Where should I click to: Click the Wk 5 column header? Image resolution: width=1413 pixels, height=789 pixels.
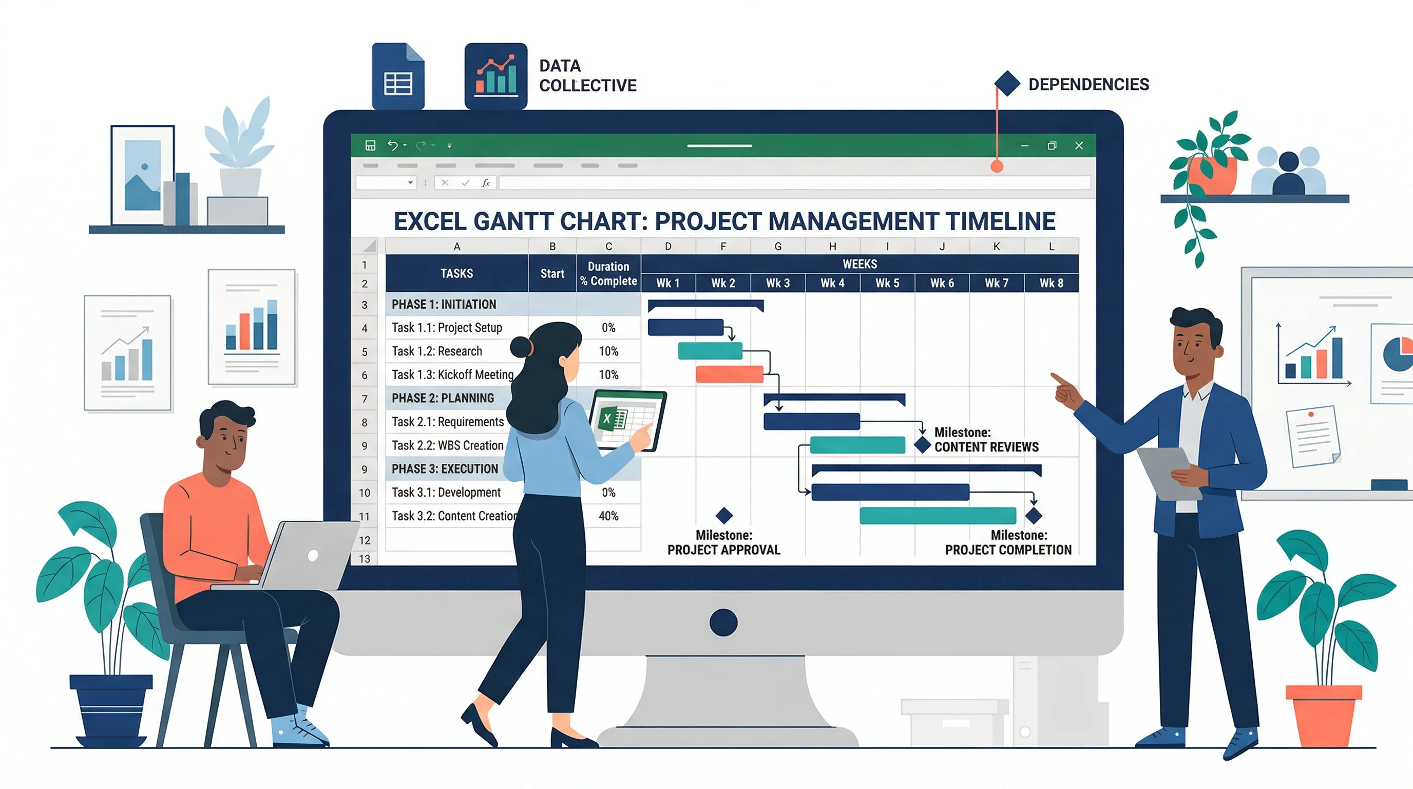(x=887, y=283)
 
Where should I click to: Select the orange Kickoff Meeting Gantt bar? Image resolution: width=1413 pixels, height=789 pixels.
(x=729, y=374)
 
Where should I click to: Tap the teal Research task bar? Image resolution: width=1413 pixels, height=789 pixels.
(x=710, y=351)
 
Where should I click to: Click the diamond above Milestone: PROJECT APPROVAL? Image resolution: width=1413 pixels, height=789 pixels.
(x=724, y=515)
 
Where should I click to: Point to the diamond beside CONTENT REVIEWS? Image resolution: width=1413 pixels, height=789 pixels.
(x=923, y=444)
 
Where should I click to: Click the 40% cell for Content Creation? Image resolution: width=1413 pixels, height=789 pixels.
(x=608, y=516)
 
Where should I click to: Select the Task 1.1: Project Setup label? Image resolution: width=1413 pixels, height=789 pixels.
(x=447, y=328)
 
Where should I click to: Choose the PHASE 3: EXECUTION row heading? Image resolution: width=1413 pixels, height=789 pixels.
(x=444, y=468)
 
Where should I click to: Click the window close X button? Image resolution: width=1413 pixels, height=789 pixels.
(x=1078, y=145)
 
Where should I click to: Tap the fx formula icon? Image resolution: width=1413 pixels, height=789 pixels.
(x=485, y=183)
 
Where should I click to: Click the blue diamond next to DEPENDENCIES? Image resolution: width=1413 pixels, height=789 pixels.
(x=1007, y=83)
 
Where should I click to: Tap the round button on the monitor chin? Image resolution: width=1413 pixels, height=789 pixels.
(x=723, y=622)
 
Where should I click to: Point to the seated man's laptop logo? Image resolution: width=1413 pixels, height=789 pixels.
(x=313, y=555)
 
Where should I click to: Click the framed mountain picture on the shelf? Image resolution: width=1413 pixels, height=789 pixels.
(x=143, y=175)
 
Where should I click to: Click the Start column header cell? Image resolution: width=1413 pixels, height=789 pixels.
(x=552, y=273)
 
